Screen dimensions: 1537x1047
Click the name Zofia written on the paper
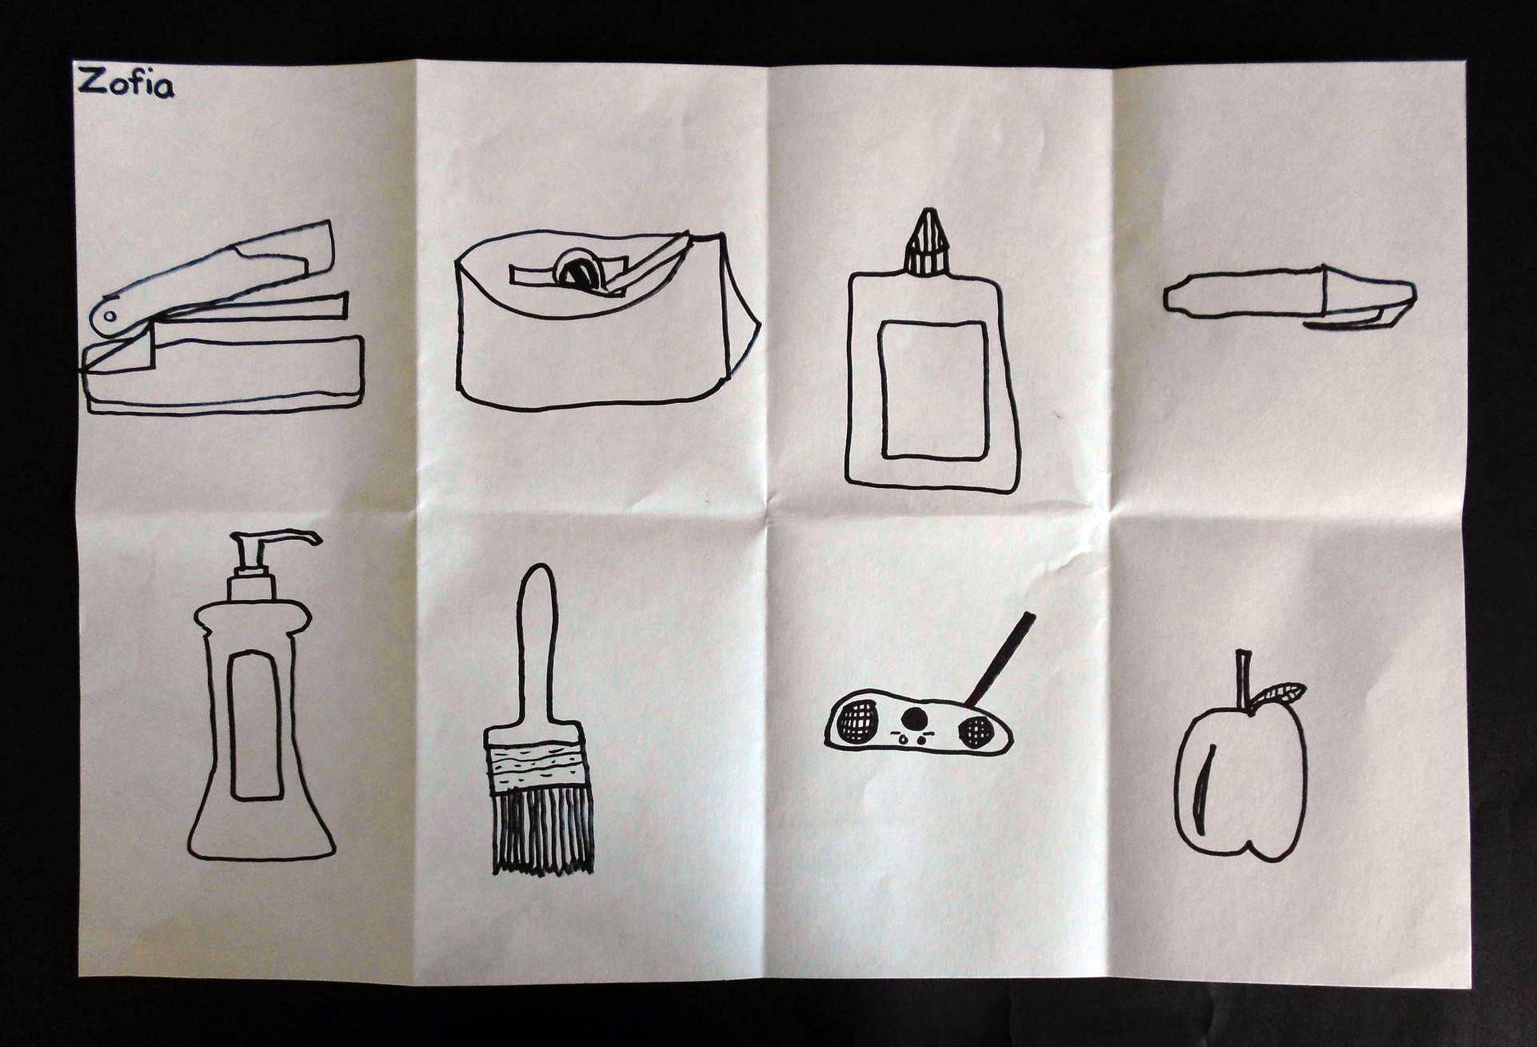126,82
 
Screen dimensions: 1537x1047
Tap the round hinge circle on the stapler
110,317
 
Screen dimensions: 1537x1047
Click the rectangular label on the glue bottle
933,390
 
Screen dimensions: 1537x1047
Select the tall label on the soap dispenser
255,725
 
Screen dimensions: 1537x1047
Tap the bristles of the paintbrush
542,832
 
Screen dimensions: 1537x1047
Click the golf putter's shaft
1000,660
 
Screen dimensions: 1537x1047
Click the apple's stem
1243,680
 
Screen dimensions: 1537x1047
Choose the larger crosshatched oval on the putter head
857,721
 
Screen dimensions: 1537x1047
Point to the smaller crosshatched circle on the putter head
976,731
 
